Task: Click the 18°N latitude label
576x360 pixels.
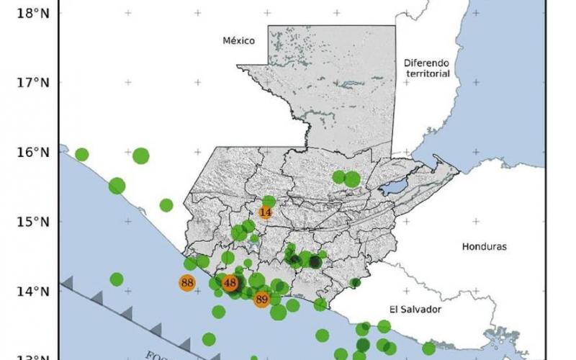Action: pos(31,13)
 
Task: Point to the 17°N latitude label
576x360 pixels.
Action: pos(31,83)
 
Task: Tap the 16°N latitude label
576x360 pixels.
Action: pos(31,153)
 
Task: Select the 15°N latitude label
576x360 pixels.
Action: pos(31,222)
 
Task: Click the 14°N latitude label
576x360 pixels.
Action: pos(31,292)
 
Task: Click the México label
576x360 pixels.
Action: pos(239,41)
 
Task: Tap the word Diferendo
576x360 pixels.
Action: pos(427,63)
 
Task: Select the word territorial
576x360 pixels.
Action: pos(427,73)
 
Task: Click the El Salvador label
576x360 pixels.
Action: pos(415,310)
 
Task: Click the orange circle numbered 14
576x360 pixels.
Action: pos(266,212)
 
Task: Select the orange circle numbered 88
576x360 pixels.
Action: pos(188,283)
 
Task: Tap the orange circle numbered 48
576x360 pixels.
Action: pos(230,284)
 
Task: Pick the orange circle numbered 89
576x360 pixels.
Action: pos(262,300)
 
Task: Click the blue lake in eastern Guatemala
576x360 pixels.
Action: pos(393,188)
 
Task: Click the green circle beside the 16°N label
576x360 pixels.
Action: pos(82,154)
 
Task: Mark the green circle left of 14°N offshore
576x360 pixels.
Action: pos(117,279)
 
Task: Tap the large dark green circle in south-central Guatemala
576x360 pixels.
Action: pos(315,262)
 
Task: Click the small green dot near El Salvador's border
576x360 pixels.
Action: pos(355,283)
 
